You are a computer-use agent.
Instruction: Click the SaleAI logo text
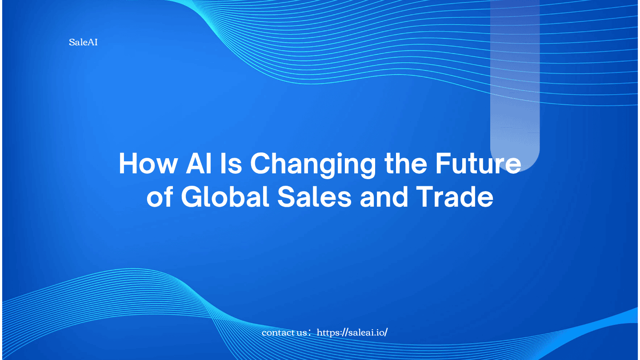click(x=83, y=42)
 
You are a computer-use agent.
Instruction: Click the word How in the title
click(x=148, y=164)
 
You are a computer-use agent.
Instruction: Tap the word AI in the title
click(x=199, y=164)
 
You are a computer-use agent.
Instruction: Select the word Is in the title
click(x=231, y=164)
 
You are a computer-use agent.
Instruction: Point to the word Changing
click(x=313, y=166)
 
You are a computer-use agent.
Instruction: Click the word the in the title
click(x=406, y=164)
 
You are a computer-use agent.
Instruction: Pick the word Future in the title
click(x=478, y=164)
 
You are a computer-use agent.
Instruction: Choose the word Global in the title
click(x=225, y=197)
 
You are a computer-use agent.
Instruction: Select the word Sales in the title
click(x=314, y=197)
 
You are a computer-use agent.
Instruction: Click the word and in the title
click(x=384, y=197)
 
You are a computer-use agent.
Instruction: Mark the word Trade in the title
click(x=455, y=197)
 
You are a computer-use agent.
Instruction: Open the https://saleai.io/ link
click(x=352, y=332)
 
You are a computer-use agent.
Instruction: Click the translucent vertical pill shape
click(x=515, y=86)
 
